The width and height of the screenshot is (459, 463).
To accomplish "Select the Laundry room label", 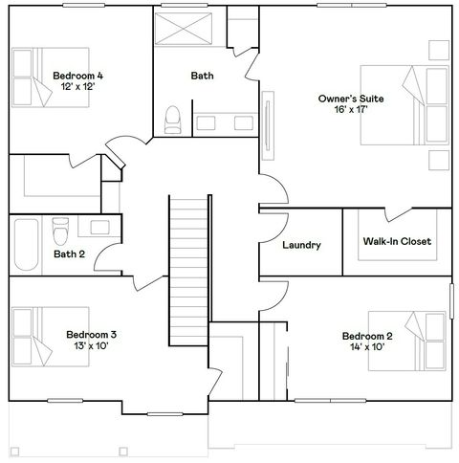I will click(301, 245).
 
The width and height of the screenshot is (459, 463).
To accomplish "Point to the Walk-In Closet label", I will click(397, 241).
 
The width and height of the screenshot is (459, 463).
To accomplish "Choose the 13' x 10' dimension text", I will click(91, 346).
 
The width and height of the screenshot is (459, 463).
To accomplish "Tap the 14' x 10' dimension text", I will click(367, 348).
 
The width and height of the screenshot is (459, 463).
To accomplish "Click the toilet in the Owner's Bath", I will click(173, 118).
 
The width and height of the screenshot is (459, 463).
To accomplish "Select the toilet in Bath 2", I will click(60, 231).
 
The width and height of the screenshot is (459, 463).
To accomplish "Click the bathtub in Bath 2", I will click(27, 246).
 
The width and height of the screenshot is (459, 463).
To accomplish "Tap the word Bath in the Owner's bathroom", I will click(202, 76).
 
